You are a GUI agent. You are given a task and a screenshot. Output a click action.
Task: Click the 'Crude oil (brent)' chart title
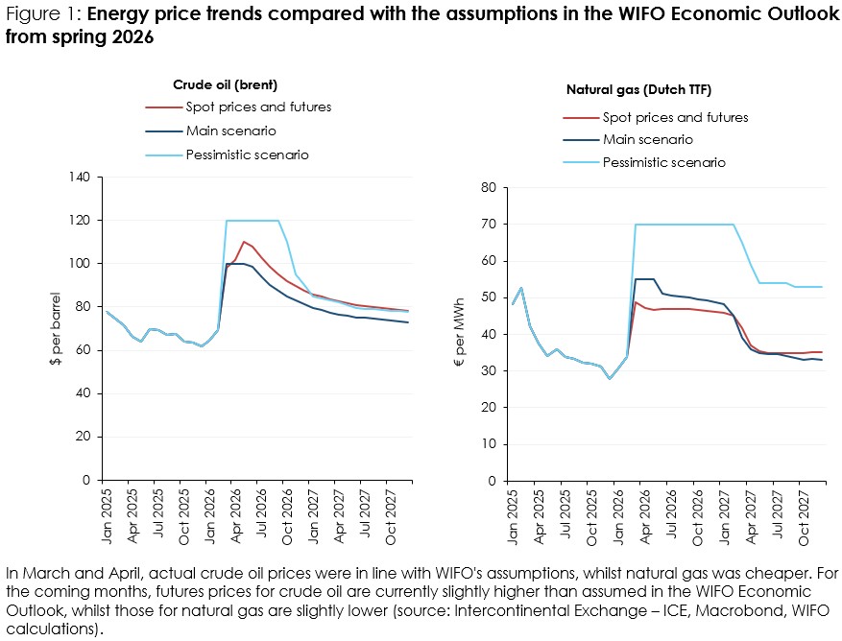click(x=225, y=84)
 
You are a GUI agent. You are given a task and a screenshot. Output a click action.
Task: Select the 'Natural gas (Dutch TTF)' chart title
click(x=638, y=89)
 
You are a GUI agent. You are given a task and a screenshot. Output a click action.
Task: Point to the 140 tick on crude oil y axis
click(x=80, y=177)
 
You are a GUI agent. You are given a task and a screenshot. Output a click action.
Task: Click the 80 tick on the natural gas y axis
click(x=489, y=187)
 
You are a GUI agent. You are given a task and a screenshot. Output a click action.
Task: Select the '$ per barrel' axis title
click(x=56, y=328)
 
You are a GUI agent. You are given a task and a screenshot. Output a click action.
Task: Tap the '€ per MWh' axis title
click(x=460, y=333)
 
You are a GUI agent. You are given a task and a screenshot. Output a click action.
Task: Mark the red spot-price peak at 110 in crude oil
click(x=244, y=242)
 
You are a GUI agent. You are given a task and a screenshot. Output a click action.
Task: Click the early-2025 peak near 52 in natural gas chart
click(x=521, y=288)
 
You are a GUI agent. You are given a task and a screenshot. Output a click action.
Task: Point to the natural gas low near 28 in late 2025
click(x=610, y=378)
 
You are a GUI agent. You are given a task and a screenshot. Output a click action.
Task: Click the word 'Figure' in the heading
click(x=30, y=14)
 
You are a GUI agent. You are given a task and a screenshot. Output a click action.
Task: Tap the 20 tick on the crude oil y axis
click(x=83, y=437)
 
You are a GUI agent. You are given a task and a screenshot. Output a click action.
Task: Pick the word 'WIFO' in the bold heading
click(x=642, y=13)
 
